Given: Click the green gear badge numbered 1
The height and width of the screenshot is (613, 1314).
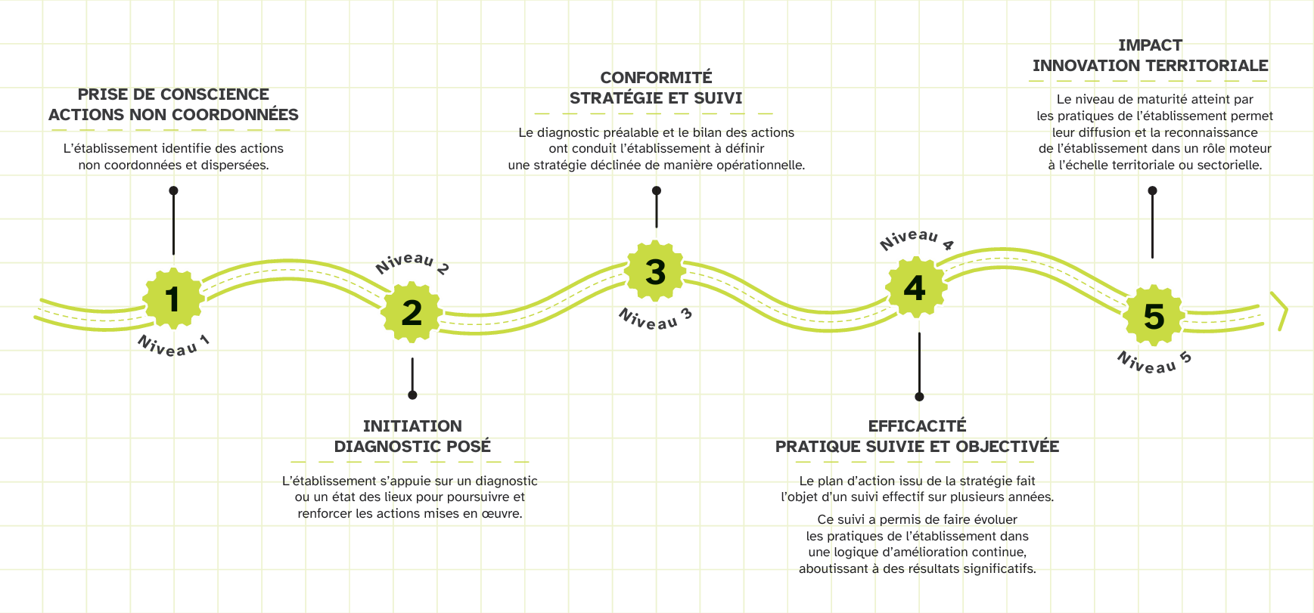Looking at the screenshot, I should tap(173, 299).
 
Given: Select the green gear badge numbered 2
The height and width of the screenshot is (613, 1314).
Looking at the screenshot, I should tap(412, 312).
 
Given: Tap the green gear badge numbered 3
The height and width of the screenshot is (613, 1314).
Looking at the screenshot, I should tap(656, 271).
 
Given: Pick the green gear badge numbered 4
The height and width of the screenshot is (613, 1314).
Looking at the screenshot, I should tap(915, 287).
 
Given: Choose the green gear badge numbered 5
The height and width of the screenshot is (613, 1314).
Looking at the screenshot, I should tap(1154, 316).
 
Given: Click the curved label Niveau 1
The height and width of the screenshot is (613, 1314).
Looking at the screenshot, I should tap(173, 345).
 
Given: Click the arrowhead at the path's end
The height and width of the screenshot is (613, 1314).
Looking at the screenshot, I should tap(1280, 311).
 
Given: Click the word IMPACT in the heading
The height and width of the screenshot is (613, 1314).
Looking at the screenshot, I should tap(1150, 45).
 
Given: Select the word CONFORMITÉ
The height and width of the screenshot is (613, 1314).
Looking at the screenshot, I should tap(656, 78).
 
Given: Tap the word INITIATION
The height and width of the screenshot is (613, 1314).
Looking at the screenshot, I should tap(412, 426).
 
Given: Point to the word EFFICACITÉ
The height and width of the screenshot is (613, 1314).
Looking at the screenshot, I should tap(917, 426).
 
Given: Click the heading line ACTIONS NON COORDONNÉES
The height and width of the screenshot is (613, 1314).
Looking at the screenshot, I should tap(173, 115).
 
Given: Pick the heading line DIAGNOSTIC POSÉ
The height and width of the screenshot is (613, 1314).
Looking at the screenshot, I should tap(412, 447).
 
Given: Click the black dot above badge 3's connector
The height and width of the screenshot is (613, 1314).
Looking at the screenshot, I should tap(657, 190).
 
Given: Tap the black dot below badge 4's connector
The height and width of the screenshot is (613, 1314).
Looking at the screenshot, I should tap(919, 397).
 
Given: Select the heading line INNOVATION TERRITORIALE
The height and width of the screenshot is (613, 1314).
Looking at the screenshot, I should tap(1150, 66).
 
